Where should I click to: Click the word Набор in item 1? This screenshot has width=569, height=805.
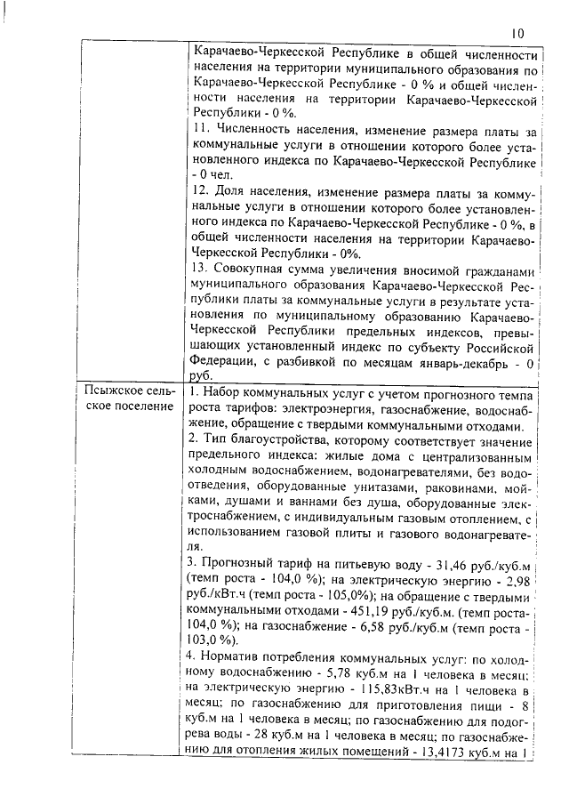click(227, 392)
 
